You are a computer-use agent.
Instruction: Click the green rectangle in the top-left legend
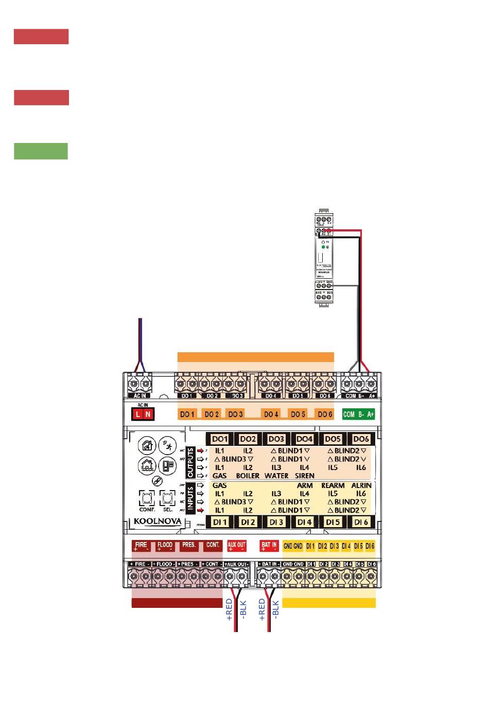pyautogui.click(x=41, y=151)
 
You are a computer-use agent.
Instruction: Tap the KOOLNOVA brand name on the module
pyautogui.click(x=158, y=521)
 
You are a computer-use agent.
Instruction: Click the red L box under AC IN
pyautogui.click(x=137, y=414)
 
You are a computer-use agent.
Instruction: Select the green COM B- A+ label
pyautogui.click(x=358, y=414)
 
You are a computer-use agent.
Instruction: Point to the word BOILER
pyautogui.click(x=248, y=476)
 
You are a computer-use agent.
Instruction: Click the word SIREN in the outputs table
pyautogui.click(x=304, y=476)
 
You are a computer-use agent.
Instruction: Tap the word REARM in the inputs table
pyautogui.click(x=333, y=485)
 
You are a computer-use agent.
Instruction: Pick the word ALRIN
pyautogui.click(x=361, y=485)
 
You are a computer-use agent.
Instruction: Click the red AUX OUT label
pyautogui.click(x=237, y=546)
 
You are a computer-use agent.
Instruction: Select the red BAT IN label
pyautogui.click(x=269, y=546)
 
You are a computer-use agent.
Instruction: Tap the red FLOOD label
pyautogui.click(x=165, y=546)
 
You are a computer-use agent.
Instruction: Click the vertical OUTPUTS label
pyautogui.click(x=190, y=462)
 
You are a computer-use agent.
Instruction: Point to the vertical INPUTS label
pyautogui.click(x=190, y=498)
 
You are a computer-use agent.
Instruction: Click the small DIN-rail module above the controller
pyautogui.click(x=323, y=259)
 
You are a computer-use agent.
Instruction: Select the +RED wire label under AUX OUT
pyautogui.click(x=230, y=609)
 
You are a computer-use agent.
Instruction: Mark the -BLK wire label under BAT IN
pyautogui.click(x=275, y=609)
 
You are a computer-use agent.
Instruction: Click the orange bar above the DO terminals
pyautogui.click(x=255, y=357)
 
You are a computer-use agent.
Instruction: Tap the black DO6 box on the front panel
pyautogui.click(x=361, y=439)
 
